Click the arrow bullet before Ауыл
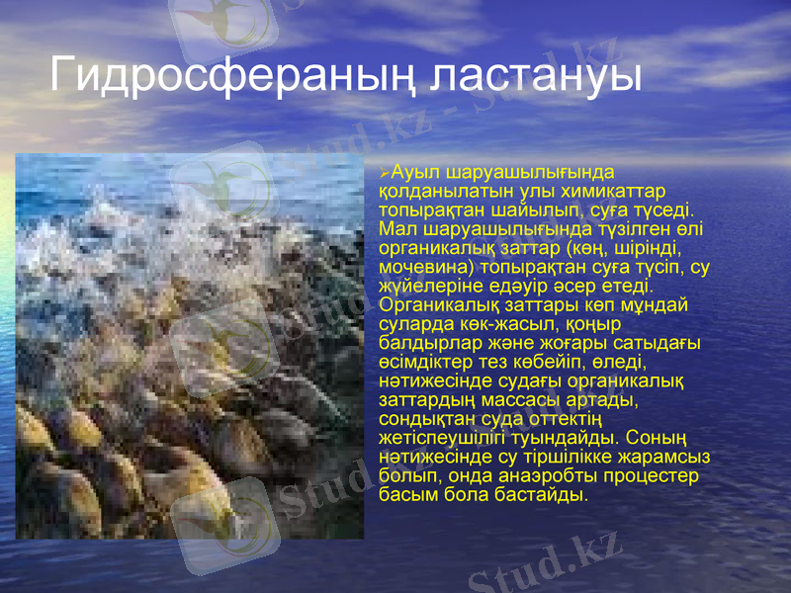pyautogui.click(x=385, y=174)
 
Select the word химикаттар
pyautogui.click(x=617, y=191)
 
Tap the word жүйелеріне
pyautogui.click(x=423, y=286)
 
